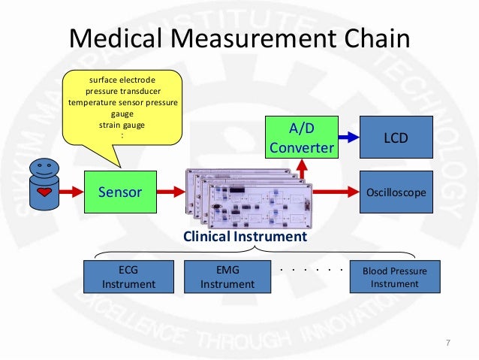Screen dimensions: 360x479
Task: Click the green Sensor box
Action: pos(120,192)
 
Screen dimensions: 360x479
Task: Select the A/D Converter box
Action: pos(300,138)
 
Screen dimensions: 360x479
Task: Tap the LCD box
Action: pos(396,138)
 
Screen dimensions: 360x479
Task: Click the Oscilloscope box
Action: pos(396,192)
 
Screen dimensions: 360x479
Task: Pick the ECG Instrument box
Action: pos(128,277)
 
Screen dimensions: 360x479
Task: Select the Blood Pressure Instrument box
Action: pos(395,277)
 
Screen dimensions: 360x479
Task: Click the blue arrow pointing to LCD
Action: pos(347,138)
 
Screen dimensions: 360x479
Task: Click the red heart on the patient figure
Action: pos(44,193)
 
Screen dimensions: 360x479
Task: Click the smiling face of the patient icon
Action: pos(44,165)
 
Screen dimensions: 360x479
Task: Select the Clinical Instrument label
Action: pos(245,236)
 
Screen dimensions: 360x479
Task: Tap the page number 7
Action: pos(447,343)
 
